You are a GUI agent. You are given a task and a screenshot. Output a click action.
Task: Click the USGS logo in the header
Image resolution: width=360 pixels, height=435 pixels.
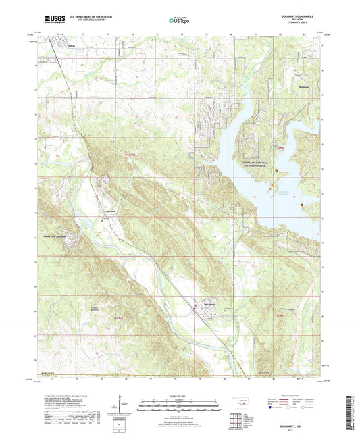pos(51,18)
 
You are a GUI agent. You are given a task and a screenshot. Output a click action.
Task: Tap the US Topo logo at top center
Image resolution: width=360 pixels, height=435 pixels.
pos(179,20)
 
